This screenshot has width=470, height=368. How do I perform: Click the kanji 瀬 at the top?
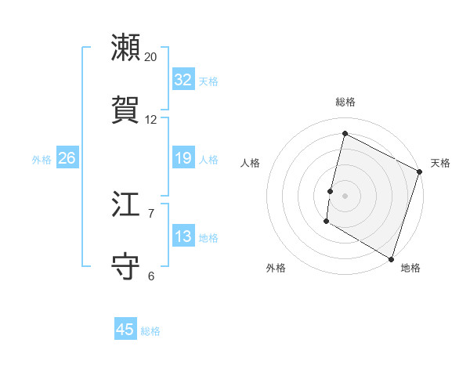pos(126,47)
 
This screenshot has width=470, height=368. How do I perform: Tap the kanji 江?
pos(126,204)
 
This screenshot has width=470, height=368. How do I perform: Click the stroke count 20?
pos(151,57)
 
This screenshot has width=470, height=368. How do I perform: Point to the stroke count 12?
pos(151,120)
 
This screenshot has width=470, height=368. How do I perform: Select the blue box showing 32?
pos(183,80)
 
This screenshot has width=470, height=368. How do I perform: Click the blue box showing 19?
pos(183,158)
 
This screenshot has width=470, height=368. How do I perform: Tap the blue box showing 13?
pos(183,236)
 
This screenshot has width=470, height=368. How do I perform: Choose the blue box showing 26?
pos(67,158)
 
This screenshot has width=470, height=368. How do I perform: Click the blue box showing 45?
pos(125,330)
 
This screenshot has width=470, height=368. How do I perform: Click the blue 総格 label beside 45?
pos(150,331)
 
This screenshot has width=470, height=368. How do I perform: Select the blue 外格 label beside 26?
pos(42,160)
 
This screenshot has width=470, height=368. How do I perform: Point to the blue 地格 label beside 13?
pos(208,238)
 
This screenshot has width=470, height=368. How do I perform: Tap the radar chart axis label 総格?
pos(345,102)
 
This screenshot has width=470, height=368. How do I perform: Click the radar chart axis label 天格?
pos(440,163)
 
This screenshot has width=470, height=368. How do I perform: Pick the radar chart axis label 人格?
pos(251,163)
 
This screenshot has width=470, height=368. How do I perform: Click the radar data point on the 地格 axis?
pos(391,258)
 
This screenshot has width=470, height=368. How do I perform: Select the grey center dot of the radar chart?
pos(345,196)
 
